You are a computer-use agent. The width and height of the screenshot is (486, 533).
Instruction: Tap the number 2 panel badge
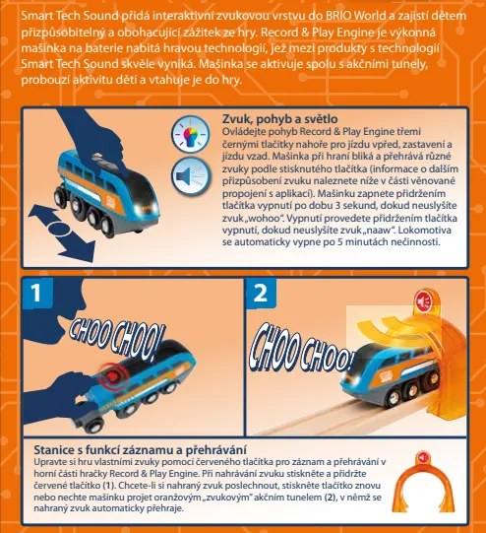260,294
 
